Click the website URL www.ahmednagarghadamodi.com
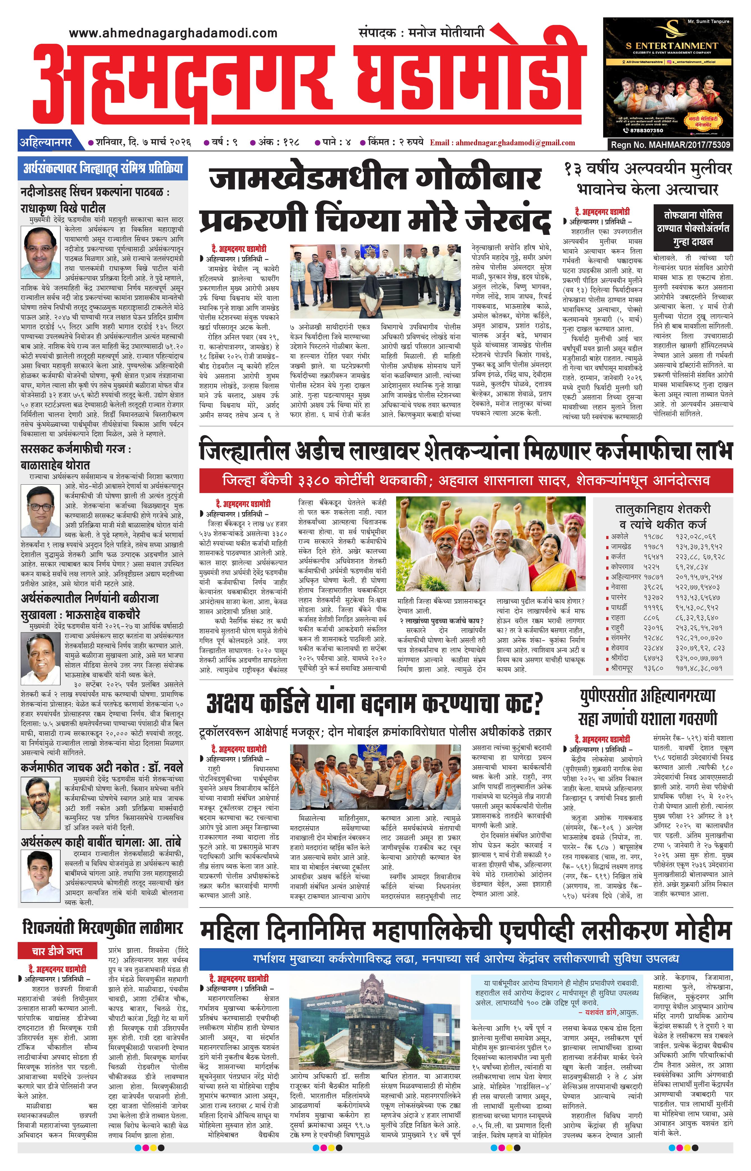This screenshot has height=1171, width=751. (x=173, y=33)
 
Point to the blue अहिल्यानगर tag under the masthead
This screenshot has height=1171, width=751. (x=45, y=143)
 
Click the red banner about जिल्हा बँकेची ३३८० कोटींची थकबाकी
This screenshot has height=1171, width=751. (x=466, y=480)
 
